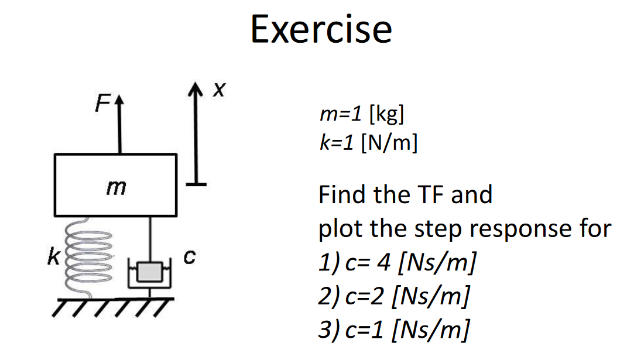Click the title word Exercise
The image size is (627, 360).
321,29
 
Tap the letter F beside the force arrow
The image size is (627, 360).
102,106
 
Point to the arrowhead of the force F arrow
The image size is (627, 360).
120,104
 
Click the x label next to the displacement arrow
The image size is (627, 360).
218,90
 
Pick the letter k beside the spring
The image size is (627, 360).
53,257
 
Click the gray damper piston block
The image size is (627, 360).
149,272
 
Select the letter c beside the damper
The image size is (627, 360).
189,256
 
